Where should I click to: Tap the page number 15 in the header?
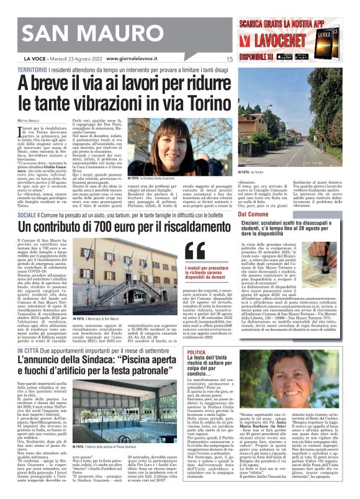point(229,59)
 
